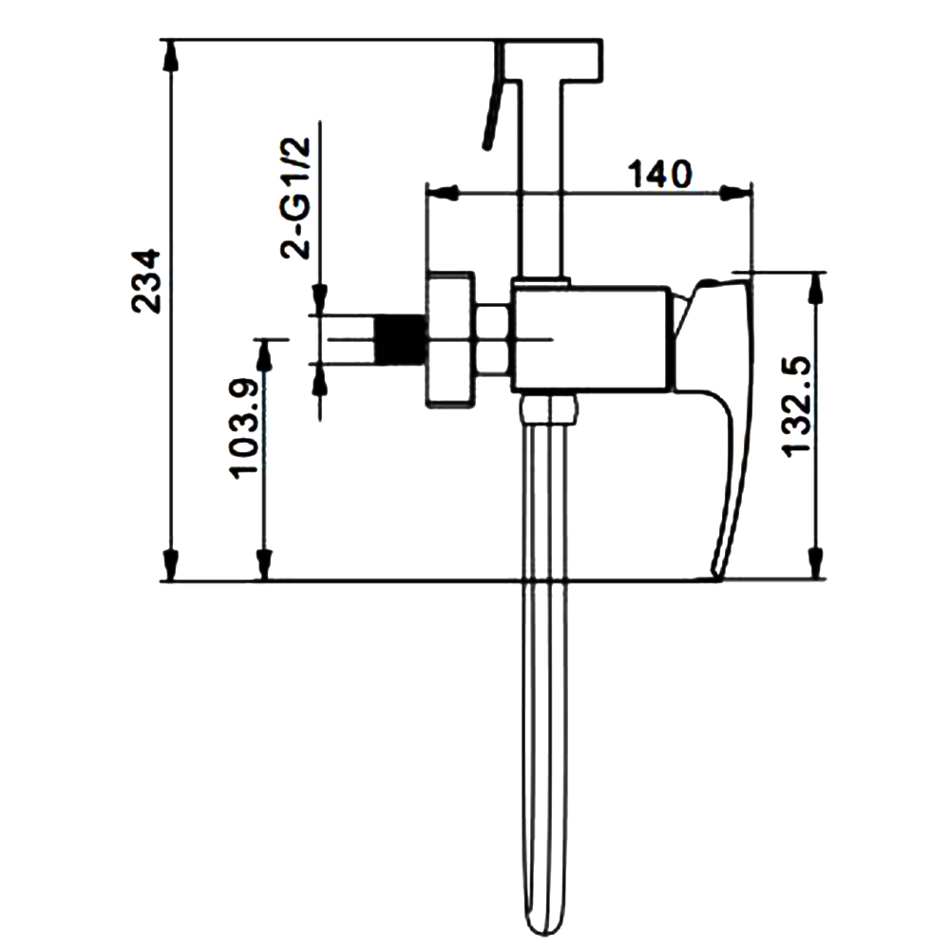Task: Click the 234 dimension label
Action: click(146, 280)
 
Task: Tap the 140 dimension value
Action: click(659, 175)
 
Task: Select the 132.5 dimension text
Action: click(795, 407)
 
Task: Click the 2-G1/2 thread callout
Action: click(295, 198)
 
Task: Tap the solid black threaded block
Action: click(399, 339)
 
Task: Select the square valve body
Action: click(591, 339)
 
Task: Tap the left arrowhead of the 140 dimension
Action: click(442, 193)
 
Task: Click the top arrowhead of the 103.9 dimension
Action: click(263, 355)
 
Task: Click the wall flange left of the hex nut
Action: click(450, 339)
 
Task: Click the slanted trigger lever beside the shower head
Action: click(494, 96)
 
